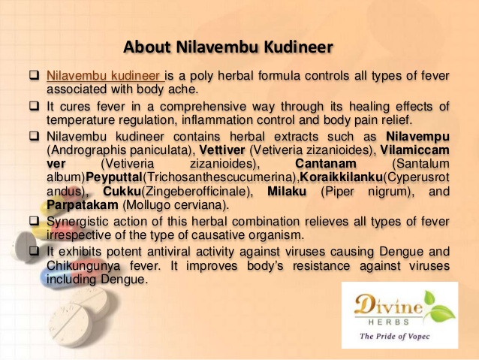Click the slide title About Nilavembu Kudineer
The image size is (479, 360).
coord(228,47)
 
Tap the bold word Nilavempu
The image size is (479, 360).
coord(417,137)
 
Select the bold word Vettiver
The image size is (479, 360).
coord(222,150)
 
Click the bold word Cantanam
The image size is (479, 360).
coord(326,164)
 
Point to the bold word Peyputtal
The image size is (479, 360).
coord(114,177)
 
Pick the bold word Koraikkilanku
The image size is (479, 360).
coord(341,177)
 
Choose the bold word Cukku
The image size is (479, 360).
coord(122,191)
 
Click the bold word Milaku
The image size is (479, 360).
coord(287,191)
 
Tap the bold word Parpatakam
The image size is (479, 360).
coord(83,205)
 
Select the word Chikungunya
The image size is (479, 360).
coord(83,266)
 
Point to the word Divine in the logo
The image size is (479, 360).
coord(389,304)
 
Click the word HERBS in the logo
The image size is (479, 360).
coord(389,322)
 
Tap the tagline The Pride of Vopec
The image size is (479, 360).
coord(394,337)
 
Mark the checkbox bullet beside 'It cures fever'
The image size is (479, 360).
coord(35,106)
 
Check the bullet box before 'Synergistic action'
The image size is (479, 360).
coord(35,221)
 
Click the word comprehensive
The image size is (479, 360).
coord(203,107)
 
